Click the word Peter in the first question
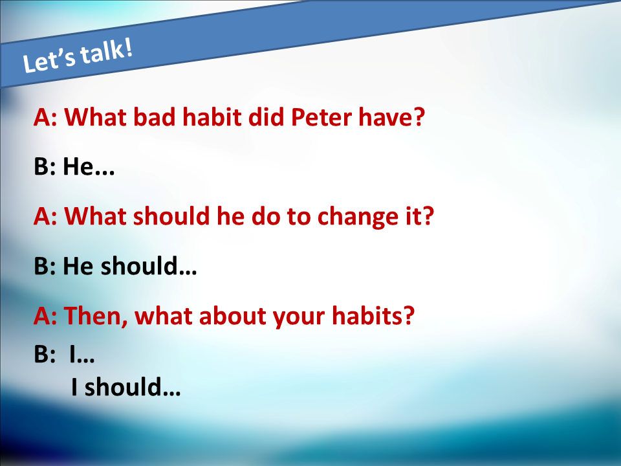[321, 117]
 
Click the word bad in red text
[154, 117]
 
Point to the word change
[358, 217]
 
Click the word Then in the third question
[96, 316]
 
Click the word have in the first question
[384, 117]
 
